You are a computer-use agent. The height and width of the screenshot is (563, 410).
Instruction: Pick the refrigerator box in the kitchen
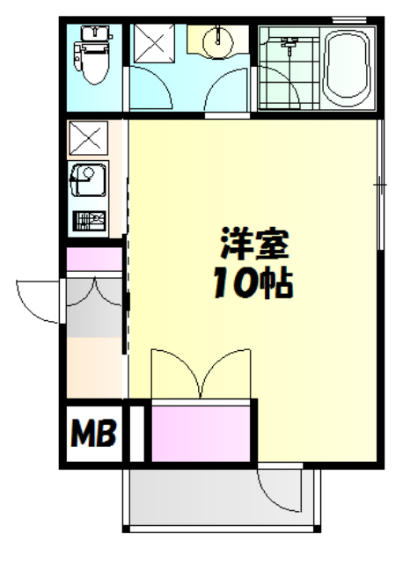tap(89, 138)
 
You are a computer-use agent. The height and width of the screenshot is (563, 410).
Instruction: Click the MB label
tap(93, 432)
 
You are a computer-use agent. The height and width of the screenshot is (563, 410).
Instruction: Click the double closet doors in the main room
tap(202, 373)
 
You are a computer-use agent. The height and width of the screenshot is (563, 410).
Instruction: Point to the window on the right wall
tap(380, 185)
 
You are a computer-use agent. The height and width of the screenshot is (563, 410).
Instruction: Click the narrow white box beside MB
tap(135, 432)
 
